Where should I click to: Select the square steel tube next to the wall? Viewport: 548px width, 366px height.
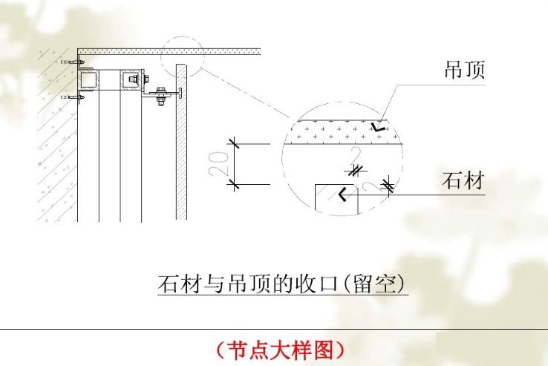pos(88,79)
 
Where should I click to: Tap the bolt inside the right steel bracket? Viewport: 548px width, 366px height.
pos(134,78)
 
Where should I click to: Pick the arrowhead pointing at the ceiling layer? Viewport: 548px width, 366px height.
pos(379,127)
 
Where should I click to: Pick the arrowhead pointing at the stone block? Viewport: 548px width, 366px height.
pos(343,195)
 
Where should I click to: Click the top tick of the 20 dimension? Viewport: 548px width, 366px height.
pos(233,143)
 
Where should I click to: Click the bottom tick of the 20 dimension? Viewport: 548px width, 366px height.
pos(233,183)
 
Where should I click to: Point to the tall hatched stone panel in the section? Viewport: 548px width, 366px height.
pos(180,141)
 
